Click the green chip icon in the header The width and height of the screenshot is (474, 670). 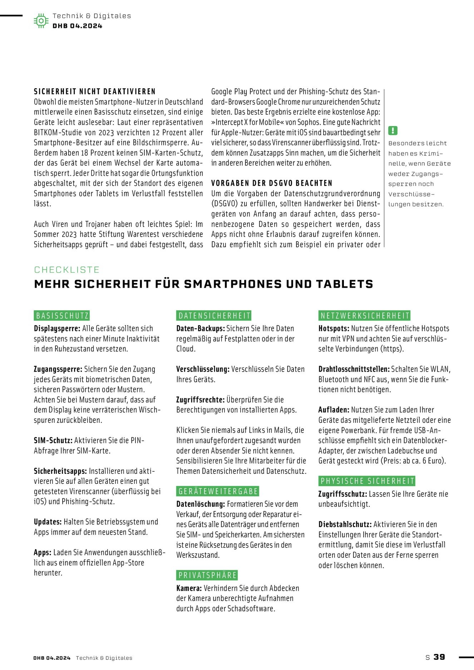point(41,21)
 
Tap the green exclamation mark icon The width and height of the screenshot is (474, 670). point(393,130)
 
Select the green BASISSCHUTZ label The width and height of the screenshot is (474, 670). point(62,316)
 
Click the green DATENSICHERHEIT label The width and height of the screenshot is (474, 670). point(214,316)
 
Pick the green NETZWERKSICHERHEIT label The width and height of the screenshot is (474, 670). point(364,316)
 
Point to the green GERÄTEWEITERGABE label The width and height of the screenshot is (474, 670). point(218,491)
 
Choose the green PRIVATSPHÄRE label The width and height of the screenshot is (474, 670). point(207,575)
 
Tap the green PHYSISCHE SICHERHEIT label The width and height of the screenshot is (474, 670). point(367,481)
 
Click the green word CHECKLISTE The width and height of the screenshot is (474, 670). point(67,270)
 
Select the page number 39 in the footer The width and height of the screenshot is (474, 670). point(439,657)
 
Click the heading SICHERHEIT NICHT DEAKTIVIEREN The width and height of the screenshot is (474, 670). point(95,91)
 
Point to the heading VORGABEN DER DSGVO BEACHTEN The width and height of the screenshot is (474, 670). point(272,183)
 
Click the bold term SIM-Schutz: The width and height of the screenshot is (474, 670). point(53,441)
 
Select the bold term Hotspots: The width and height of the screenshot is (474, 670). point(334,328)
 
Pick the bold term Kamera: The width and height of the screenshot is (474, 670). point(189,588)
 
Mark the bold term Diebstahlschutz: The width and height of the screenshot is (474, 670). point(345,525)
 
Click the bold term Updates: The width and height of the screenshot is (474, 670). point(48,522)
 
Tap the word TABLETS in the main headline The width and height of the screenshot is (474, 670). point(345,284)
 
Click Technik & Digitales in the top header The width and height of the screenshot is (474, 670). point(92,16)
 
